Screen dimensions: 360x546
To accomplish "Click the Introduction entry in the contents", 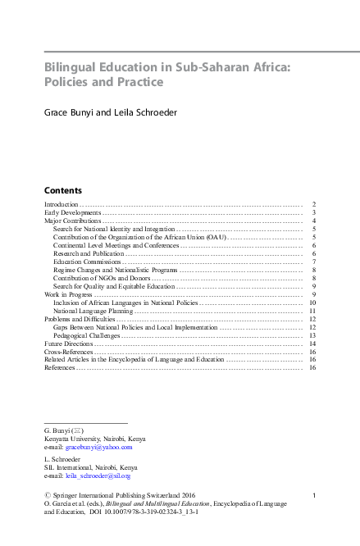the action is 62,203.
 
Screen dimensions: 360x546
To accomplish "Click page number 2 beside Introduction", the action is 314,203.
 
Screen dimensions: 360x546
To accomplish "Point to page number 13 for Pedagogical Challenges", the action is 312,336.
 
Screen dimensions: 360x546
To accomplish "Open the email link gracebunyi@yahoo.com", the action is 98,448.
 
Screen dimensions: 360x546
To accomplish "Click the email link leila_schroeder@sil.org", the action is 98,475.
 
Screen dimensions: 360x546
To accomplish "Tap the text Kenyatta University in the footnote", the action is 73,439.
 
